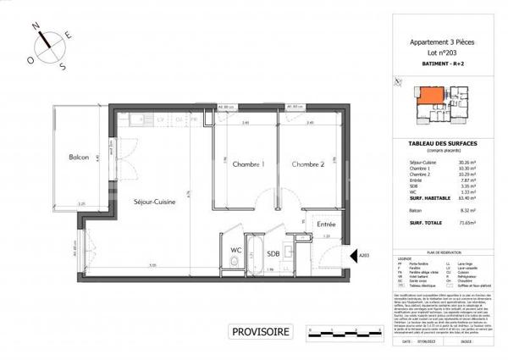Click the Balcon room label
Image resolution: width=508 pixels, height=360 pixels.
pyautogui.click(x=63, y=158)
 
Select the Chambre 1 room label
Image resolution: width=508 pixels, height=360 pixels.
pyautogui.click(x=249, y=164)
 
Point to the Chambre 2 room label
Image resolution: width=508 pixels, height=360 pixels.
pyautogui.click(x=307, y=164)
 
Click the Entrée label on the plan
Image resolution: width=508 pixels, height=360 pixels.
pyautogui.click(x=325, y=224)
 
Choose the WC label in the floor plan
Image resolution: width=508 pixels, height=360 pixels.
pyautogui.click(x=236, y=250)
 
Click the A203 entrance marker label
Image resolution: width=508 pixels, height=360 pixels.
pyautogui.click(x=364, y=254)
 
